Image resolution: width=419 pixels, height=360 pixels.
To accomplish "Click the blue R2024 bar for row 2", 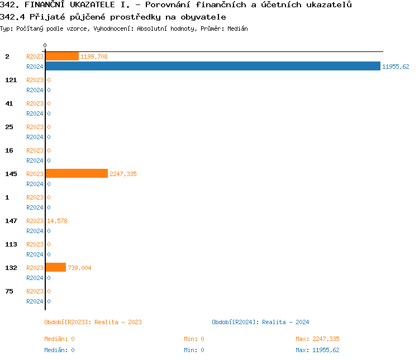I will [212, 67].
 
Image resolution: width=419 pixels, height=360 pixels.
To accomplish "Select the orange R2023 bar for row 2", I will [62, 56].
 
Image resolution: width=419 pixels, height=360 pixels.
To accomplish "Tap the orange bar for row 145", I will [77, 174].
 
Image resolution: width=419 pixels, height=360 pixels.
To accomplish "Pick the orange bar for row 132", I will [55, 268].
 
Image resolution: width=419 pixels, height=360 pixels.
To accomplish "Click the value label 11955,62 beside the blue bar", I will [396, 67].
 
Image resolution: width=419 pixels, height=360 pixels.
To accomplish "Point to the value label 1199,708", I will [94, 56].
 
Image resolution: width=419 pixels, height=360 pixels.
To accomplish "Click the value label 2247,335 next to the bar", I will [123, 174].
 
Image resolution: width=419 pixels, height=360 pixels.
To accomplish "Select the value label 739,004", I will [79, 268].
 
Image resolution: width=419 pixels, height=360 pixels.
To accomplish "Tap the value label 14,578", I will [58, 221].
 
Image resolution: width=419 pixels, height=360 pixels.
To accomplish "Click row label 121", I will [11, 80].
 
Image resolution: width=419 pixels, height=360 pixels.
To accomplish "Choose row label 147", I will [11, 221].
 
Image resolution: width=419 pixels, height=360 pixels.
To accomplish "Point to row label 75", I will [9, 291].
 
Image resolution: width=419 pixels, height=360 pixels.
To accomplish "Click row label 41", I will [9, 103].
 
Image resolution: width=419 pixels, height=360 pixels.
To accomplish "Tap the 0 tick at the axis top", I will [45, 45].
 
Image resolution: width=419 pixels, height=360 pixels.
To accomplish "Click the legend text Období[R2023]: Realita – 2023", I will [93, 322].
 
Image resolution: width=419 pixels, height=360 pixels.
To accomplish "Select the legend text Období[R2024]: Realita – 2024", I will [260, 322].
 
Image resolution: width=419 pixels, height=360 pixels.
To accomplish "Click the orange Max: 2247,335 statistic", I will [317, 339].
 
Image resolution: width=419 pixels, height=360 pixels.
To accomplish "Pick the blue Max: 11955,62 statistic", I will [317, 350].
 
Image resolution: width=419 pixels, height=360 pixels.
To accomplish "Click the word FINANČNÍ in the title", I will [41, 5].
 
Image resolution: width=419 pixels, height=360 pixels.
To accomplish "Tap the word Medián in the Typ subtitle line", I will [237, 29].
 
